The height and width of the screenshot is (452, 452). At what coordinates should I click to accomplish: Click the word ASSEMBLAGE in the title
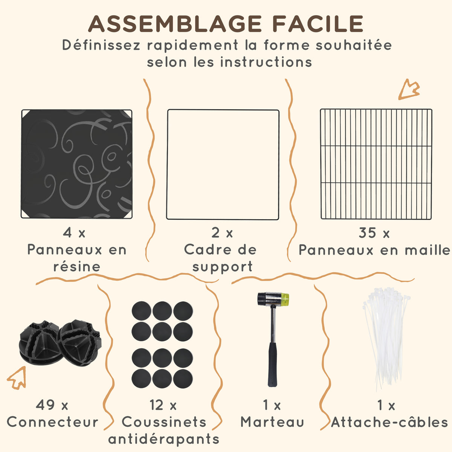(x=175, y=24)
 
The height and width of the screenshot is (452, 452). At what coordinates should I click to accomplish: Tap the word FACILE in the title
(x=318, y=24)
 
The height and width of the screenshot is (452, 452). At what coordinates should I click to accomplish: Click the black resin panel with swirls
(x=77, y=164)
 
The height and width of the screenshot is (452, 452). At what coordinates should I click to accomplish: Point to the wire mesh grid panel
(x=376, y=164)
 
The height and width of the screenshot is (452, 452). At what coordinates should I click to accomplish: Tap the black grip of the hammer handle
(x=273, y=364)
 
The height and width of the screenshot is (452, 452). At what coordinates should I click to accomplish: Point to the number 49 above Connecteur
(x=45, y=405)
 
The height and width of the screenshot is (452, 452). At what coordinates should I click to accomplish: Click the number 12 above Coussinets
(x=156, y=405)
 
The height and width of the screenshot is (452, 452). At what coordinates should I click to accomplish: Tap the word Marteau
(x=272, y=422)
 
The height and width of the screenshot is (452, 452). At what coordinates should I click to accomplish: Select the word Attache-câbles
(x=389, y=422)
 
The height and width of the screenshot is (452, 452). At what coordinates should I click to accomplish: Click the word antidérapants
(x=164, y=439)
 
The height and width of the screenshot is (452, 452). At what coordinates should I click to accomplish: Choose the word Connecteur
(x=52, y=422)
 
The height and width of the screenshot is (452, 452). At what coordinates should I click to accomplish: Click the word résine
(x=77, y=267)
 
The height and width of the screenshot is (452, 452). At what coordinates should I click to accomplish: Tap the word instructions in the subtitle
(x=266, y=63)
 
